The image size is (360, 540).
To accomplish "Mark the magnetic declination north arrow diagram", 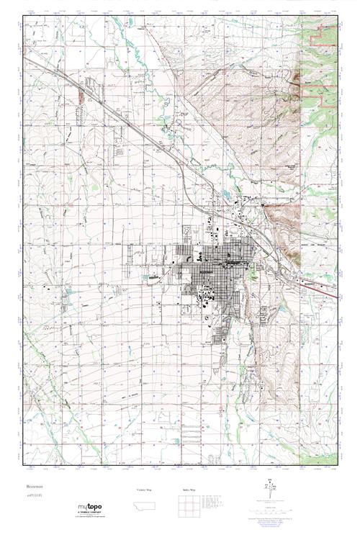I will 271,490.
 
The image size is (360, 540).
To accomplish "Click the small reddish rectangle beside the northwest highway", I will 81,95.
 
